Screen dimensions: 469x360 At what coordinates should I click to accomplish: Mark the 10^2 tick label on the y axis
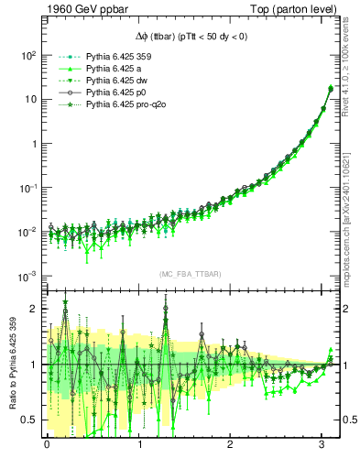(x=27, y=55)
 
